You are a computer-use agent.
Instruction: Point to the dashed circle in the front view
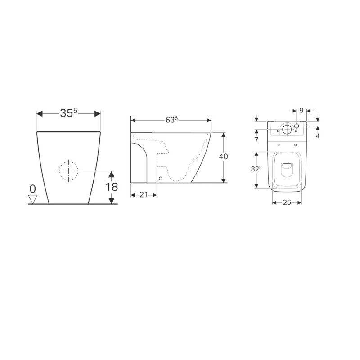(x=68, y=171)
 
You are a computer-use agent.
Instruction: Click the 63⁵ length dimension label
(x=171, y=120)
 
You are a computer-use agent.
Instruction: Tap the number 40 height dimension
(x=223, y=157)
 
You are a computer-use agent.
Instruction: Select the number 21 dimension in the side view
(x=144, y=194)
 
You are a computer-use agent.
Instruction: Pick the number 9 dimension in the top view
(x=301, y=110)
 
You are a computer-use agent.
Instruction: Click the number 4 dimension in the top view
(x=318, y=135)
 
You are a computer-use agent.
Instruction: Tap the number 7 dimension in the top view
(x=256, y=139)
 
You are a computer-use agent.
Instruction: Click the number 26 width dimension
(x=287, y=202)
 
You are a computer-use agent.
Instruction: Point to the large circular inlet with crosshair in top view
(x=287, y=130)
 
